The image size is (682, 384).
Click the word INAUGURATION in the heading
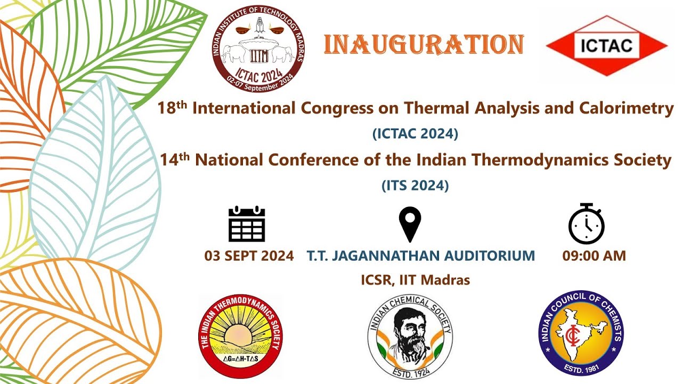424,45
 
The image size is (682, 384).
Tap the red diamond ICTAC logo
606,45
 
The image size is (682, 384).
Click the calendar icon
247,224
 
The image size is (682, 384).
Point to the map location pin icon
410,225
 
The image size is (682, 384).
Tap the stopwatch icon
586,224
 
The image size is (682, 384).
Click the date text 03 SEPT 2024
249,256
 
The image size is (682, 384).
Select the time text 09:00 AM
594,256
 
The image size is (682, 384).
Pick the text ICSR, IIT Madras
416,279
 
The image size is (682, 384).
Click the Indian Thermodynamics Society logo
241,337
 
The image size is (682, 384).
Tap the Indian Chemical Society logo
410,337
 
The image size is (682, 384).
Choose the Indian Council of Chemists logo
580,333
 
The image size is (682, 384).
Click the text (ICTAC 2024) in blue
415,134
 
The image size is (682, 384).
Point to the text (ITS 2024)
415,186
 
